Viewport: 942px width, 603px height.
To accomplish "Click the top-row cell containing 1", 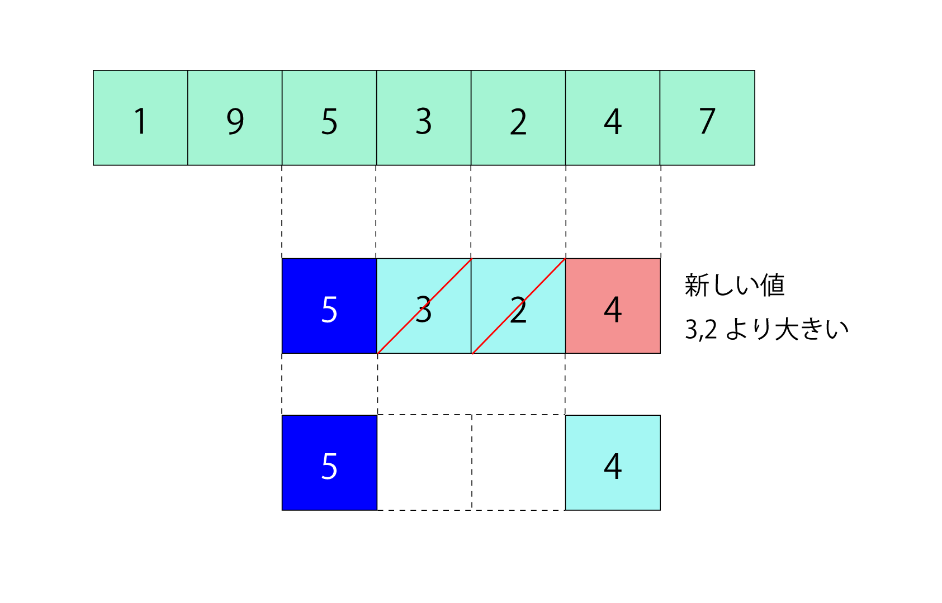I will coord(140,118).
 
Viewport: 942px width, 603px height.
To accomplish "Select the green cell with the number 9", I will coord(235,118).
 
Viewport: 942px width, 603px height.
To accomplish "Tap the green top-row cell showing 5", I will coord(329,118).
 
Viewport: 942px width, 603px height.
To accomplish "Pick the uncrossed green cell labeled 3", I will coord(424,118).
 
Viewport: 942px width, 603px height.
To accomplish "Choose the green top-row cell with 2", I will coord(518,118).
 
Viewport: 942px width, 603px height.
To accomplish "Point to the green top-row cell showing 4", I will coord(613,118).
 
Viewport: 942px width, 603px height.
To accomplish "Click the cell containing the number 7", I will coord(707,118).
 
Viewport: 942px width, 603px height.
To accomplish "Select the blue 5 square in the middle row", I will coord(329,306).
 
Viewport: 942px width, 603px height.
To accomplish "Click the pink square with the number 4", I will coord(613,306).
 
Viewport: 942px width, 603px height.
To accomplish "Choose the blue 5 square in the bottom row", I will coord(329,463).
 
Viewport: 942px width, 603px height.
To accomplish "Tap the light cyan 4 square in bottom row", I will coord(613,463).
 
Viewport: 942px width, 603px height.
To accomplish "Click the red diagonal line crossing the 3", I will coord(401,330).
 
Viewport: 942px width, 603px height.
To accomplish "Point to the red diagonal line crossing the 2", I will coord(496,330).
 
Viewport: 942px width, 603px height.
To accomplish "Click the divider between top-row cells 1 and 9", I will coord(188,118).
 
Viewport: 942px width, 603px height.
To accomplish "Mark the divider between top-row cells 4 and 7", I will coord(660,118).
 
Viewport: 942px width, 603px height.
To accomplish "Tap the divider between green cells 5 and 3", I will coord(377,118).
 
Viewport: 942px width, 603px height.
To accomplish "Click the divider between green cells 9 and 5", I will coord(282,118).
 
